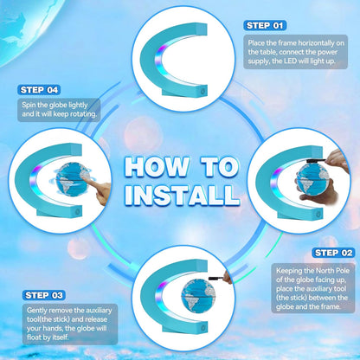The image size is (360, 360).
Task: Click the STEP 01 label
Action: tap(265, 26)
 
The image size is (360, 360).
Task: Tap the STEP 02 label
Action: tap(333, 253)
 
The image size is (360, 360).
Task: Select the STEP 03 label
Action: tap(44, 295)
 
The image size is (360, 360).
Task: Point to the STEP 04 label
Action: tap(39, 90)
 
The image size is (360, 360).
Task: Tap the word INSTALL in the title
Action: tap(183, 195)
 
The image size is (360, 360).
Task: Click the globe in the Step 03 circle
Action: tap(199, 296)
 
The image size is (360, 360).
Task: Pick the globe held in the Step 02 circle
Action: tap(314, 180)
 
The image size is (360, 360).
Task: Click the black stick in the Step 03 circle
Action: tap(216, 279)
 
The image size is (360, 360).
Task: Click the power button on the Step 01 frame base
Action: tap(203, 91)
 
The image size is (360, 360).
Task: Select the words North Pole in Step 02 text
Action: tap(332, 271)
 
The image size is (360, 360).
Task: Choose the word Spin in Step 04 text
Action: tap(29, 105)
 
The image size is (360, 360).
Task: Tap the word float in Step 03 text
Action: tap(34, 337)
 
